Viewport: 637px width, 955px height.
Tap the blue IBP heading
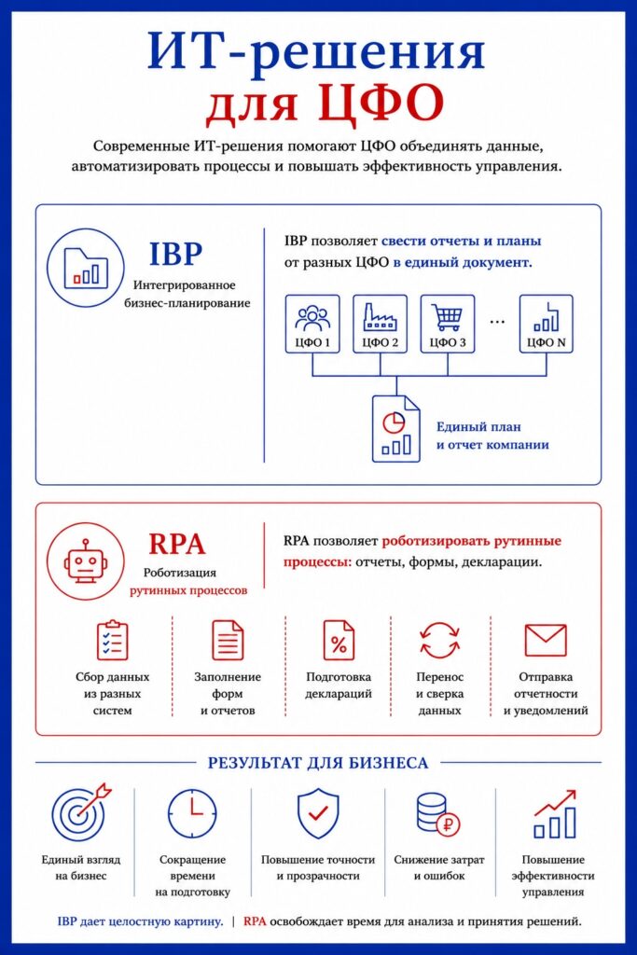point(176,254)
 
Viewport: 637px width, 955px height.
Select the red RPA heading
point(177,544)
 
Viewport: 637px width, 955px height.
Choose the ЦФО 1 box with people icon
point(312,324)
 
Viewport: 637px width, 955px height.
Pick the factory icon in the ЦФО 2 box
point(380,316)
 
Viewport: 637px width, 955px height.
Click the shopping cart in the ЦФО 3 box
point(448,317)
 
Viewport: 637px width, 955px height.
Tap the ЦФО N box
point(546,324)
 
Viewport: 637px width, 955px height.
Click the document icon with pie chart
point(395,429)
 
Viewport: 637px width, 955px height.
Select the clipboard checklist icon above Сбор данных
point(113,640)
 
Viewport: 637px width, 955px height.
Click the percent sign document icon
point(339,640)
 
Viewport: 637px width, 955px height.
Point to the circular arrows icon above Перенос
point(439,640)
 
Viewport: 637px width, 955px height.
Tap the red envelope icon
point(546,640)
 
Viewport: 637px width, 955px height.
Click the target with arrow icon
point(81,812)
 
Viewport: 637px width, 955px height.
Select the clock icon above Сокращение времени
point(192,813)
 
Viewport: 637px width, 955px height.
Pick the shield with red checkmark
point(318,813)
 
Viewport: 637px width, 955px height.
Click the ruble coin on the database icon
point(449,826)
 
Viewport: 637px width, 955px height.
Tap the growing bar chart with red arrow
point(554,813)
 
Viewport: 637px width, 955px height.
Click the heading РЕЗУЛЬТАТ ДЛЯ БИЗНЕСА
point(318,763)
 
